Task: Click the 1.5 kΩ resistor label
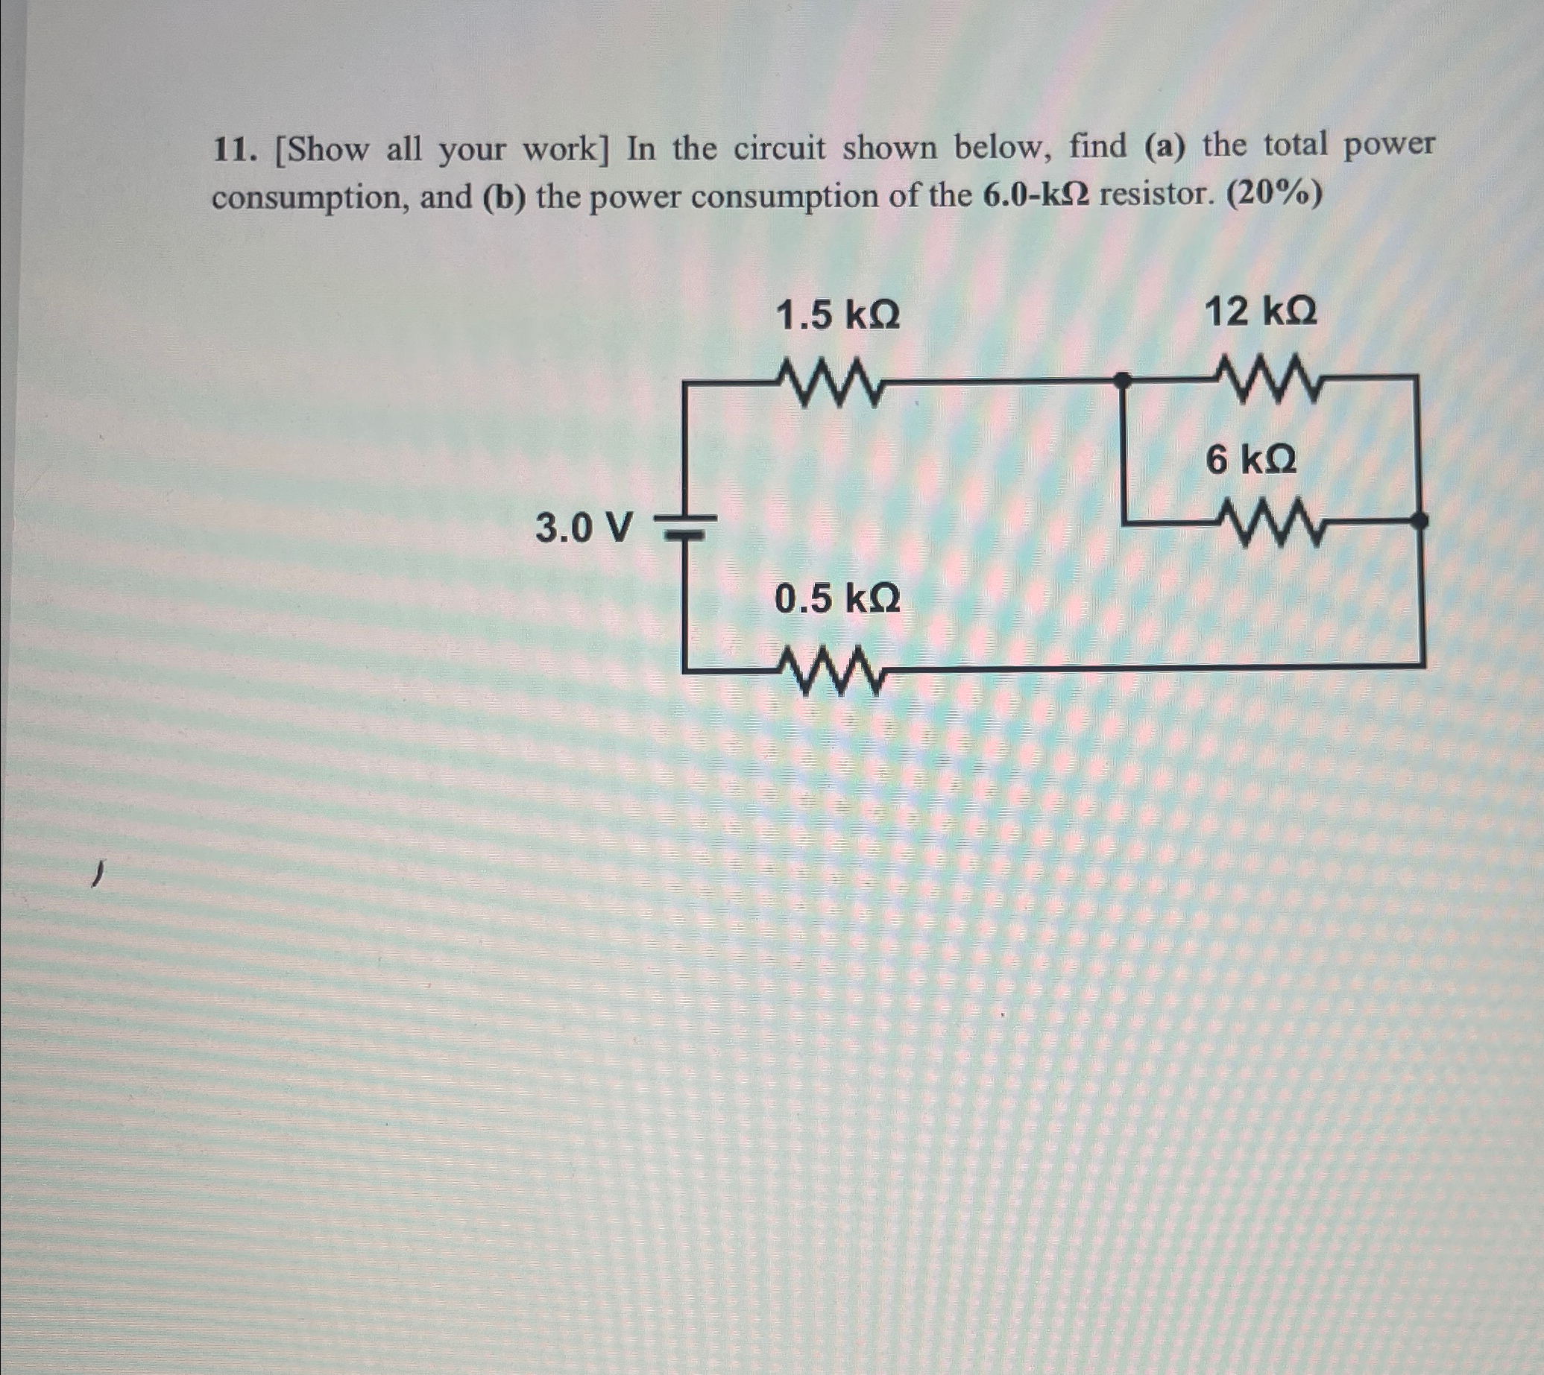point(837,315)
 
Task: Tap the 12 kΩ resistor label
point(1260,312)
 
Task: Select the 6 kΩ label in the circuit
point(1251,459)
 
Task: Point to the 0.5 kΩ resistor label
point(837,600)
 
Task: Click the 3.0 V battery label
point(582,528)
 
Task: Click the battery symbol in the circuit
point(684,526)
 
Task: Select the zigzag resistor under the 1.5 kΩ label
point(830,384)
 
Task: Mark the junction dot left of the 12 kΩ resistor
point(1124,380)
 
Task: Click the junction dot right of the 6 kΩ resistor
point(1420,519)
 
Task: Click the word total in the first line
point(1294,144)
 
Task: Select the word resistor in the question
point(1154,195)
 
